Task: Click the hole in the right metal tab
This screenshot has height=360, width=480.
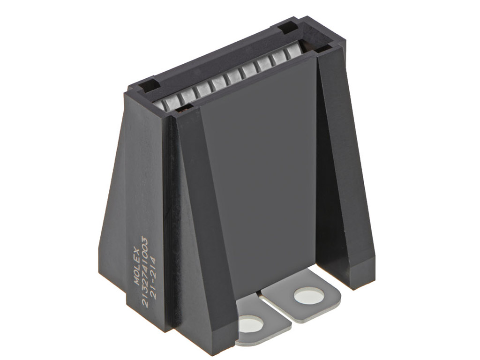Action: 309,296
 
